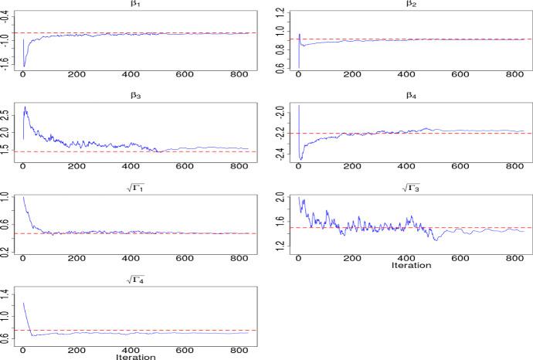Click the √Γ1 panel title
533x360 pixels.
pyautogui.click(x=134, y=189)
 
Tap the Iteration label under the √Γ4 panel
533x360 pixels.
pyautogui.click(x=134, y=357)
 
